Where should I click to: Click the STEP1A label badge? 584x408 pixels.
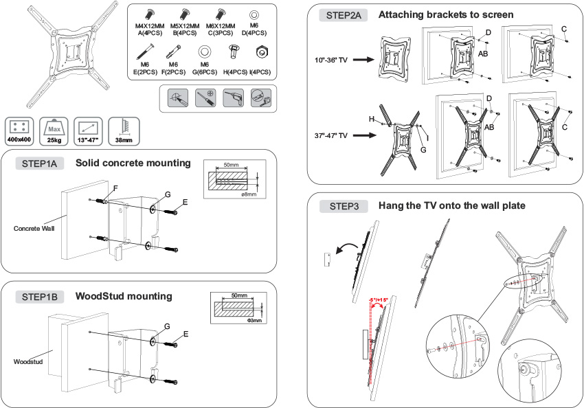(x=43, y=163)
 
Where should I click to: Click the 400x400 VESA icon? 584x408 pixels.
(x=19, y=130)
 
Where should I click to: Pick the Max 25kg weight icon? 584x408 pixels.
(x=54, y=130)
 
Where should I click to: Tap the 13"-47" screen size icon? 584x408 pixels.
(x=89, y=130)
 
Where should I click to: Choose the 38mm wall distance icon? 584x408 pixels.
(x=124, y=130)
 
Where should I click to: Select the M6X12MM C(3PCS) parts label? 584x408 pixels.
(x=221, y=28)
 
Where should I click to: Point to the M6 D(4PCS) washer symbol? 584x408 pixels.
(x=254, y=14)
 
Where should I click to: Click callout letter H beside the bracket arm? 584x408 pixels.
(x=371, y=120)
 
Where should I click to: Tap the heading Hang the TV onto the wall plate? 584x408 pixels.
(x=447, y=205)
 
